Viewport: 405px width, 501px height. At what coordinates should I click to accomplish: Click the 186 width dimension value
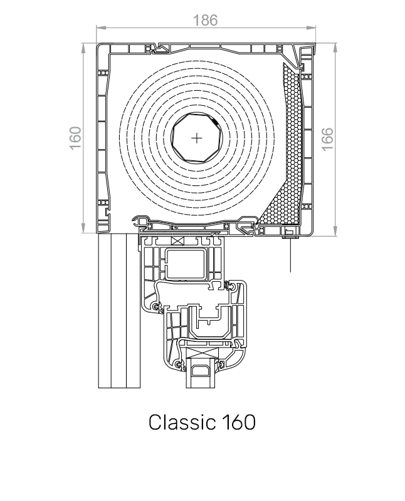[x=205, y=20]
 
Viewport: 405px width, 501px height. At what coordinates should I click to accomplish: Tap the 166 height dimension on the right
[x=327, y=139]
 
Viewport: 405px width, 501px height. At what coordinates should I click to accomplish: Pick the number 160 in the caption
[x=239, y=422]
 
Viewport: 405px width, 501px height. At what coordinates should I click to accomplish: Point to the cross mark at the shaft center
[x=197, y=138]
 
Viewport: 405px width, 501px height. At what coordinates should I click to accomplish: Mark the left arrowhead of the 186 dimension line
[x=98, y=28]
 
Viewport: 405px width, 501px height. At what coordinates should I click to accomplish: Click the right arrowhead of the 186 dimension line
[x=315, y=28]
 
